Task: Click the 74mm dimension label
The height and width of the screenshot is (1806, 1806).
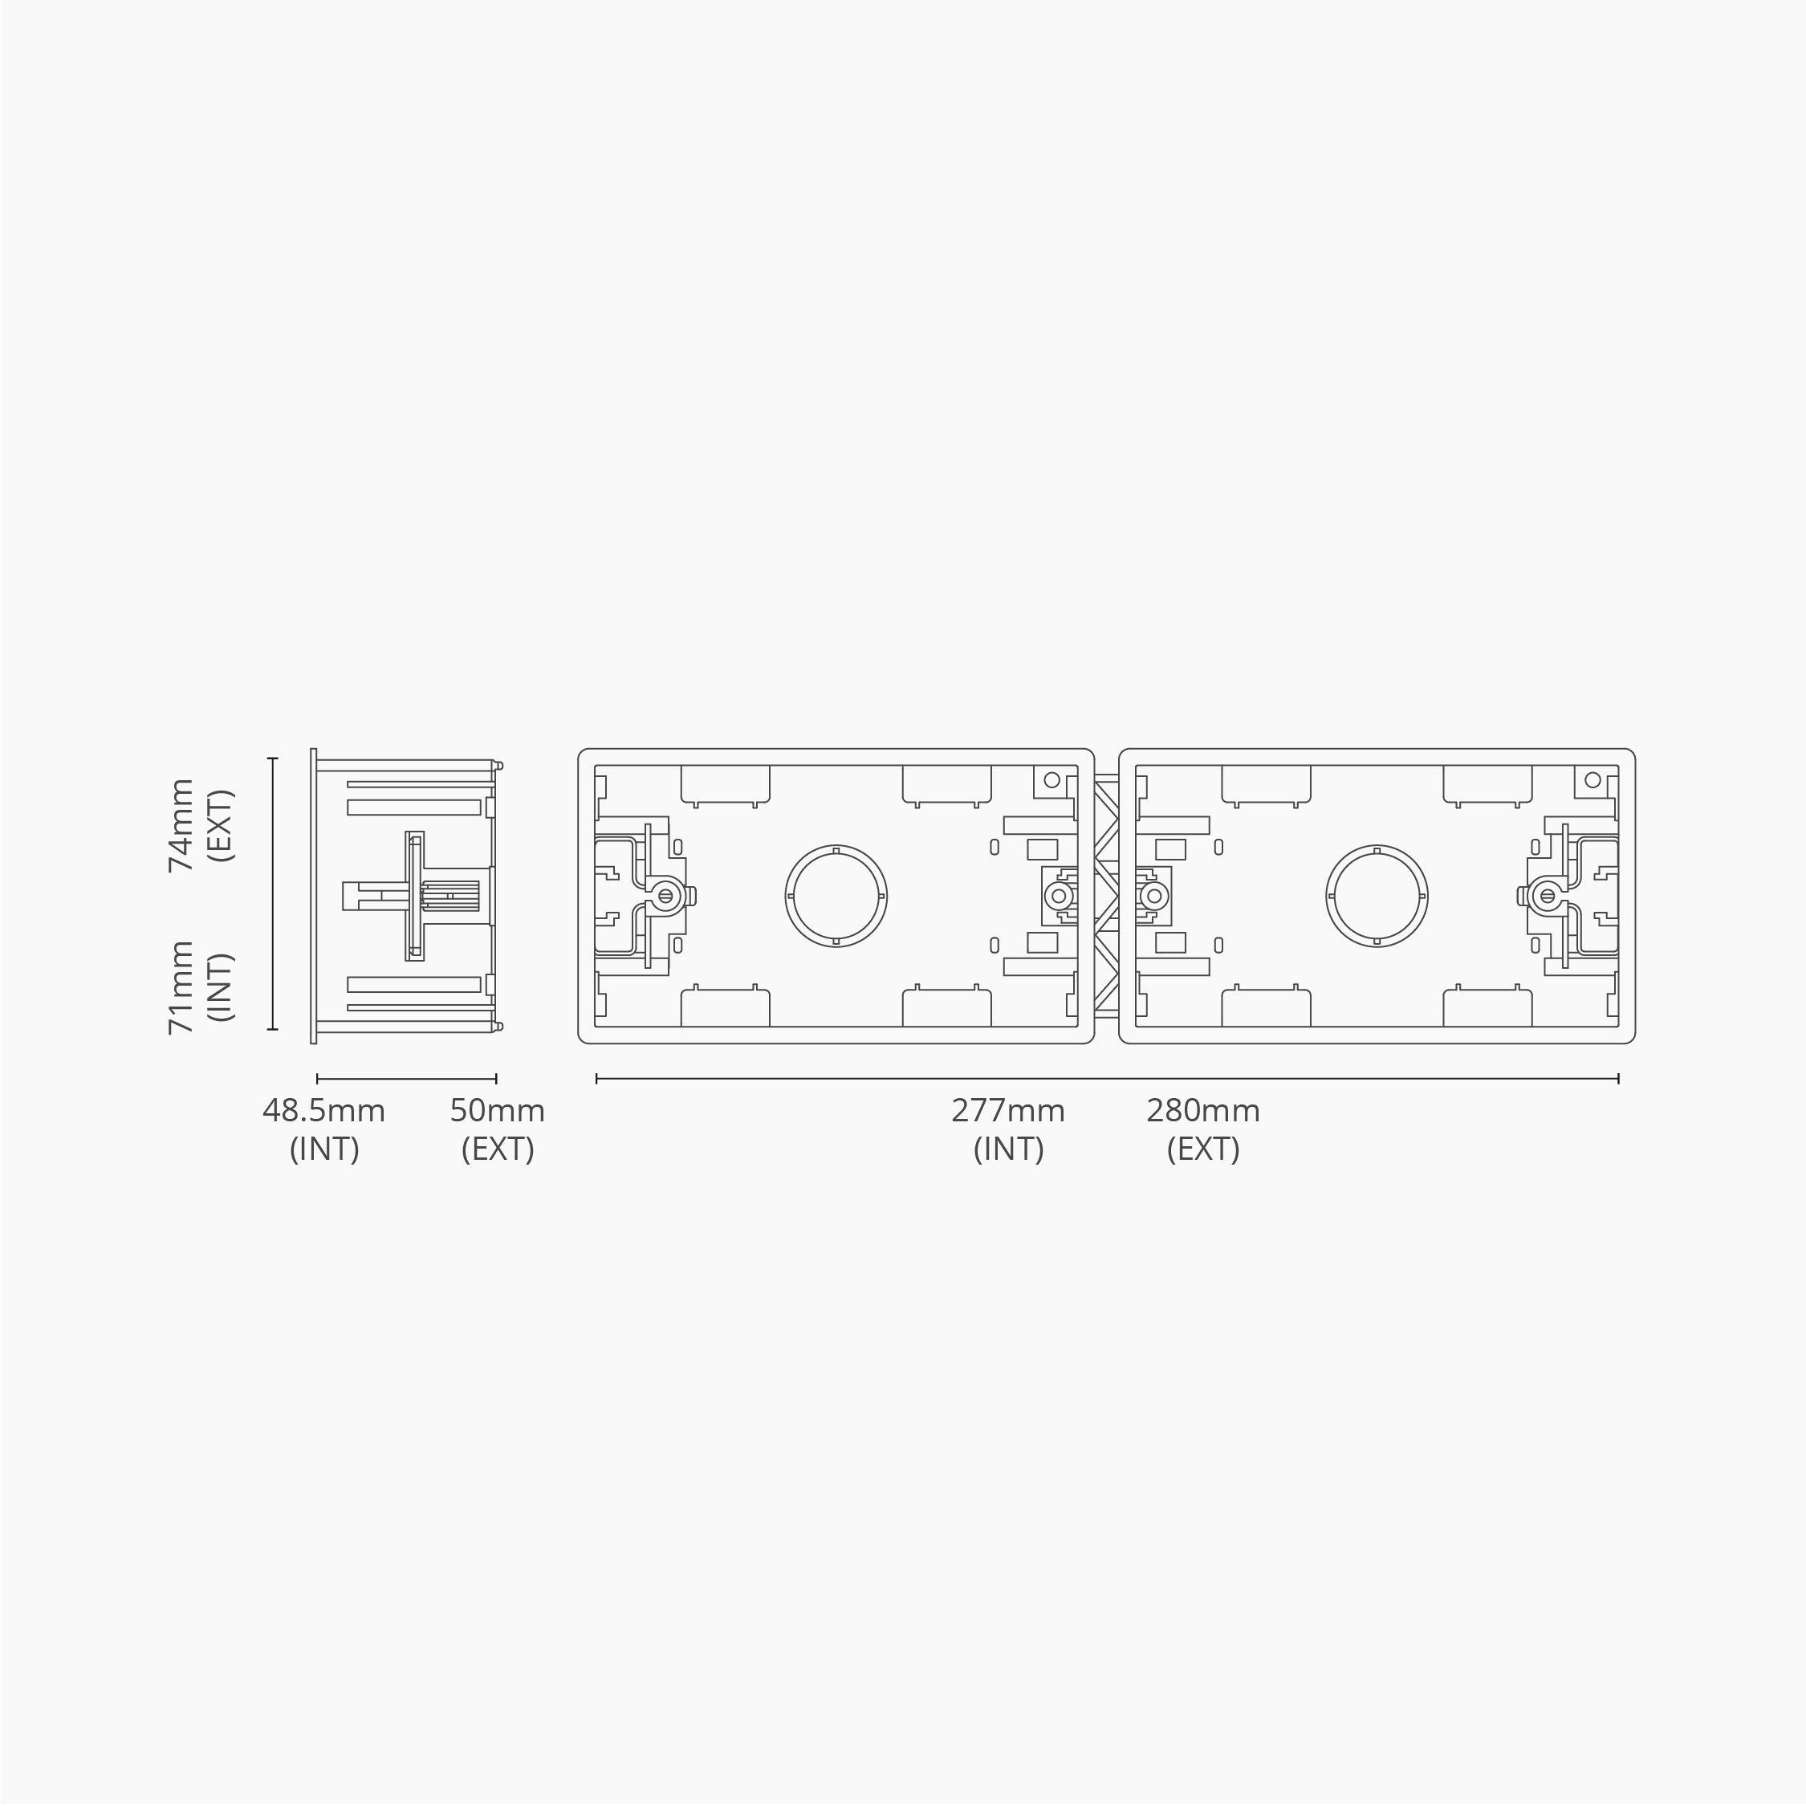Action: tap(181, 824)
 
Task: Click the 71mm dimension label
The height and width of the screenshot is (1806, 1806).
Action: tap(181, 987)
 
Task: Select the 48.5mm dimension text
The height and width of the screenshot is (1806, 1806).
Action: tap(323, 1111)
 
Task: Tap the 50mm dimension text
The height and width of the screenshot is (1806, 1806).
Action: tap(498, 1111)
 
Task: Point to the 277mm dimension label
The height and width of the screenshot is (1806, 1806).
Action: tap(1007, 1111)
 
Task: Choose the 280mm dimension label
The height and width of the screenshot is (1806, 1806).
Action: tap(1203, 1111)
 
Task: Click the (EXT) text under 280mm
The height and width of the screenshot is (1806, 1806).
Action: tap(1203, 1149)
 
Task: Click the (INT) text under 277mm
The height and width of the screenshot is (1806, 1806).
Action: tap(1007, 1149)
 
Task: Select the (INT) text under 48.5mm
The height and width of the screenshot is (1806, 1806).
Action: tap(323, 1149)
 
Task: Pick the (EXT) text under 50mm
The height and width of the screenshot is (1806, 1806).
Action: tap(498, 1149)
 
